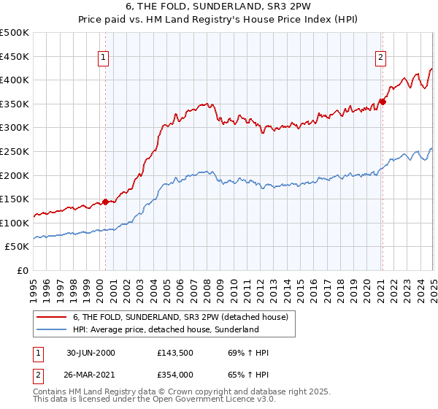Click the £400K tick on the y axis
[x=15, y=80]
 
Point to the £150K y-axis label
[x=15, y=199]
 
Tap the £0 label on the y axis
[x=23, y=270]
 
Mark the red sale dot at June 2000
[x=105, y=202]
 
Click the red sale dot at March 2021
[x=383, y=102]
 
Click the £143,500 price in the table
[x=174, y=353]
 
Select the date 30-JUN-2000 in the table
[x=91, y=353]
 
